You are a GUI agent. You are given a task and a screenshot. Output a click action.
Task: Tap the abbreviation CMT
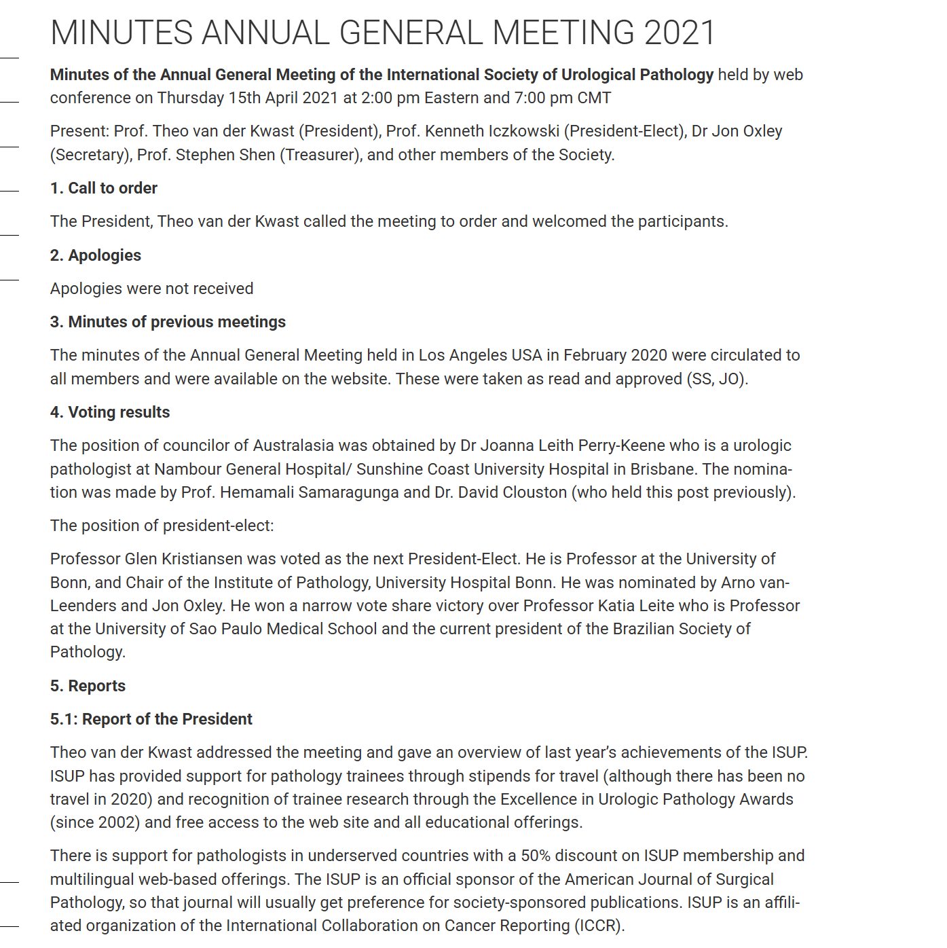(594, 98)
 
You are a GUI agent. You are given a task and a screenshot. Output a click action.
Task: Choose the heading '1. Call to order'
(104, 188)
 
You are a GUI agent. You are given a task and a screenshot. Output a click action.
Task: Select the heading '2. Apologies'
(96, 255)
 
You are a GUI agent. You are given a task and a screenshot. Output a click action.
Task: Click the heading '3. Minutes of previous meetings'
(168, 322)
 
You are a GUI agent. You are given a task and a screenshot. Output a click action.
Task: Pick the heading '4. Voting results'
(110, 412)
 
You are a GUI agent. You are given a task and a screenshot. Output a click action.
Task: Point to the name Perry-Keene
(622, 445)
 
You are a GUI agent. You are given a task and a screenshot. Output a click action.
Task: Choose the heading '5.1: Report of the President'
(151, 719)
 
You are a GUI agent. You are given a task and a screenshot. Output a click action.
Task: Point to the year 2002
(116, 822)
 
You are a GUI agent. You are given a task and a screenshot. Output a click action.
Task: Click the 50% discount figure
(536, 856)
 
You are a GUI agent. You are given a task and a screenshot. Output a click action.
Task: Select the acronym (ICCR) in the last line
(599, 926)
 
